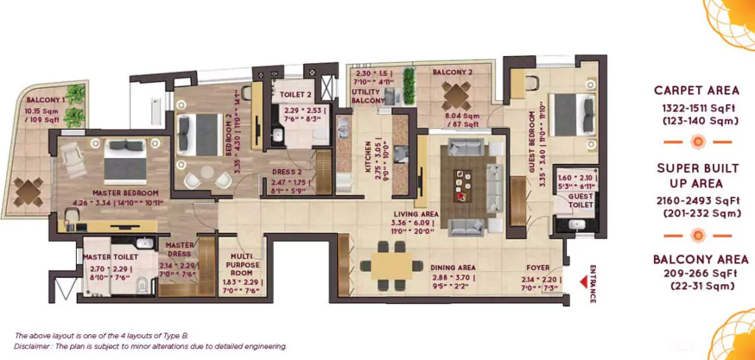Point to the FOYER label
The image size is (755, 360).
[x=537, y=268]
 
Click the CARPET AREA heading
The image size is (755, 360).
[x=697, y=90]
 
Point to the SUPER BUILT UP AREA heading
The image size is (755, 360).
[x=697, y=176]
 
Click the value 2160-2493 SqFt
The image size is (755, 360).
[x=697, y=201]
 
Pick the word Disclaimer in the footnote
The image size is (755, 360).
[x=32, y=346]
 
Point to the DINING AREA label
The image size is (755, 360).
[x=452, y=268]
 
